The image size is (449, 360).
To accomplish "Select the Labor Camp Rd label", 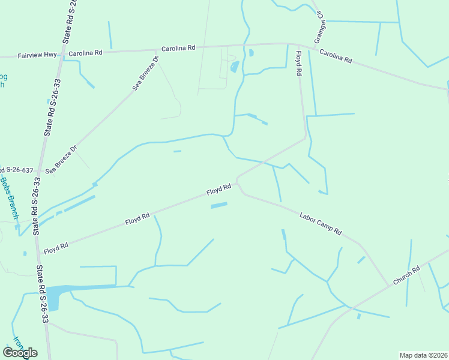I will click(x=320, y=223).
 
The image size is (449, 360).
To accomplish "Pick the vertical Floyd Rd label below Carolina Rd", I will click(x=298, y=63).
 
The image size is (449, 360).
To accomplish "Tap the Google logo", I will click(x=20, y=352).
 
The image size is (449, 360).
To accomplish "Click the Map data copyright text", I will click(x=423, y=355).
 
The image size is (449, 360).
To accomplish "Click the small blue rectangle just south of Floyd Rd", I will click(x=219, y=206).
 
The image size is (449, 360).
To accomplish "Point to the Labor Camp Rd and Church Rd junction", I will click(x=387, y=285).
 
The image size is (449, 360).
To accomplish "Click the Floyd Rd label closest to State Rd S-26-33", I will click(x=56, y=246).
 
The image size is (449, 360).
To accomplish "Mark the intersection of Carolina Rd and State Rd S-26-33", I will click(x=62, y=55).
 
